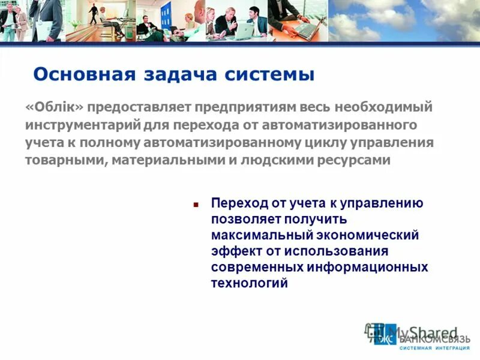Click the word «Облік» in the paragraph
pos(55,107)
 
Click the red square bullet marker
pos(196,205)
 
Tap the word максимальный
pos(255,235)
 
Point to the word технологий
pos(249,283)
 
